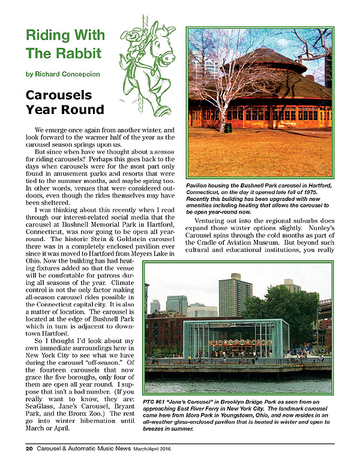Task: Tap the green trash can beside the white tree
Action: click(228, 127)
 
